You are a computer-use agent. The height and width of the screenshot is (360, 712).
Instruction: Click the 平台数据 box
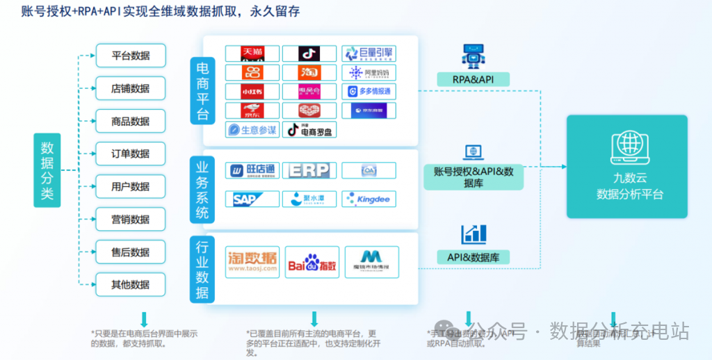(x=131, y=56)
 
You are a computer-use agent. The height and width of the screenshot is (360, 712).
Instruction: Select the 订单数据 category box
(x=131, y=154)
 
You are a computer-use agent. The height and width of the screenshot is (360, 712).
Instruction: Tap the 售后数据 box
(x=131, y=252)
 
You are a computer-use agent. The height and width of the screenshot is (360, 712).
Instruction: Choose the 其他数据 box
(x=131, y=285)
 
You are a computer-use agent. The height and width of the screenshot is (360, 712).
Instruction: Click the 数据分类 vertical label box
(x=47, y=170)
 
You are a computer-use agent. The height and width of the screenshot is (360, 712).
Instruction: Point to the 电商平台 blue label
(x=202, y=90)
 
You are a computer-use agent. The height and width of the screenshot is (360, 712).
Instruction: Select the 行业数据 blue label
(x=202, y=269)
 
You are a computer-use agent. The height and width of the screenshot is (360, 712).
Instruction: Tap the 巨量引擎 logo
(x=369, y=54)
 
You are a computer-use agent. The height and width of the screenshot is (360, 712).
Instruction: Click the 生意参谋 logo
(x=252, y=129)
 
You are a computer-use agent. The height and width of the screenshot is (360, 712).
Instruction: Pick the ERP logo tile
(x=310, y=170)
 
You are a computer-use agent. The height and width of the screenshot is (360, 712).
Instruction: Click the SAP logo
(x=252, y=199)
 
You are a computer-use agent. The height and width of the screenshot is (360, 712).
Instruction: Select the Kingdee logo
(x=369, y=199)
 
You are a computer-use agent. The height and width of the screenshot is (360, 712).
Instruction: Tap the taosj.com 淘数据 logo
(x=252, y=262)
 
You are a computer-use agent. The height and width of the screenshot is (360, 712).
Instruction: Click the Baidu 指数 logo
(x=312, y=262)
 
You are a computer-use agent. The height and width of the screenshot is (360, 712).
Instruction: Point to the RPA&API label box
(x=472, y=79)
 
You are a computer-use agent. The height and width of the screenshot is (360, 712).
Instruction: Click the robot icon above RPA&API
(x=473, y=56)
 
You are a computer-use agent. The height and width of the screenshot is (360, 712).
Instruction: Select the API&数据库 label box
(x=473, y=257)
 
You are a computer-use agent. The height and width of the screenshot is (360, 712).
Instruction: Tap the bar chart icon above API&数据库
(x=474, y=234)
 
